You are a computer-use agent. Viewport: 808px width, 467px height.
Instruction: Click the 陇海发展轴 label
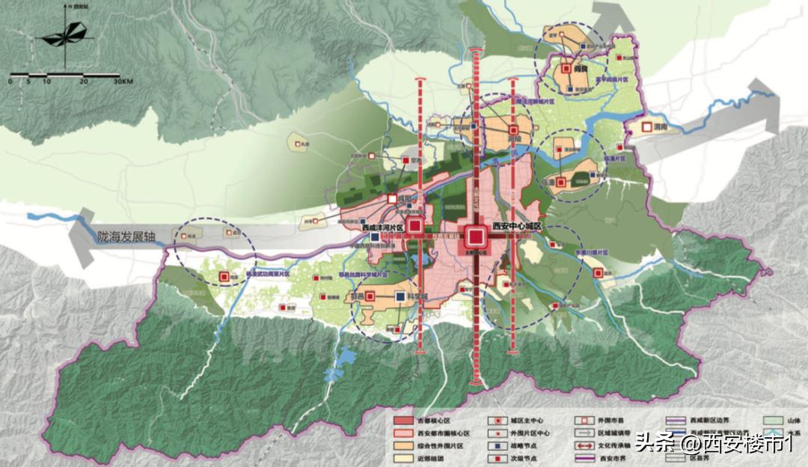(x=126, y=236)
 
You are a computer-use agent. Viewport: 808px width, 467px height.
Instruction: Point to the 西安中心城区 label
(x=516, y=226)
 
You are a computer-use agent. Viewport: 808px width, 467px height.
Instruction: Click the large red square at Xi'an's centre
(x=475, y=237)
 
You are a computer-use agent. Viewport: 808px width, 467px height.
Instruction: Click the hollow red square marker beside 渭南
(x=647, y=128)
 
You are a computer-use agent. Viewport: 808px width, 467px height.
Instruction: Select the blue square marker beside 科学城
(x=401, y=297)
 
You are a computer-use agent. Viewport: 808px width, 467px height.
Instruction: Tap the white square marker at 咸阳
(x=391, y=199)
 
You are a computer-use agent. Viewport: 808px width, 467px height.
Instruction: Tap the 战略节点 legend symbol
(x=493, y=447)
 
